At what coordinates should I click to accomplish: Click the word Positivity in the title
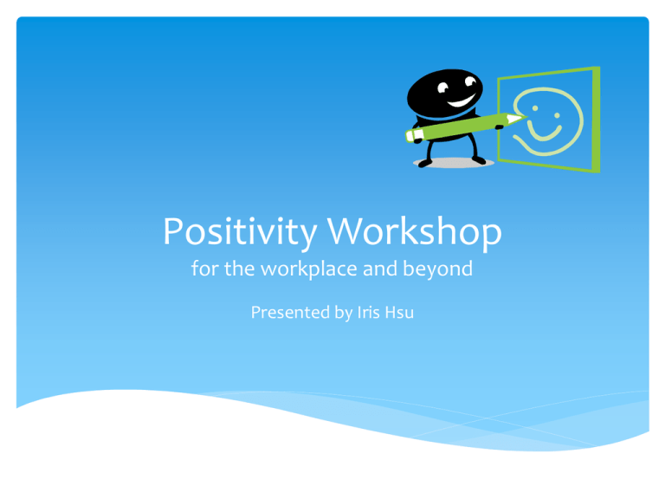click(240, 232)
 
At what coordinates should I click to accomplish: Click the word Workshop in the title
click(415, 231)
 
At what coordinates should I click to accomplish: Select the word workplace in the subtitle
click(309, 269)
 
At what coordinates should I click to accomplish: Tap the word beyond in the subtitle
click(437, 269)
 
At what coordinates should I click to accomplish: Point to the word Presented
click(291, 312)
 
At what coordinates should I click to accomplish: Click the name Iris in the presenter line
click(369, 312)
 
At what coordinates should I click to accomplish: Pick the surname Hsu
click(399, 312)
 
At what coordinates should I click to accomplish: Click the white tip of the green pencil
click(516, 119)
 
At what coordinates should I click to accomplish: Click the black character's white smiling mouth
click(461, 101)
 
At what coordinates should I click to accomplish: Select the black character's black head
click(444, 94)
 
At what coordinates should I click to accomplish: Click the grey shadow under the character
click(454, 163)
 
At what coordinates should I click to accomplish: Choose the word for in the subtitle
click(205, 269)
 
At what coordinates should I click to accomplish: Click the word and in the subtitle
click(380, 269)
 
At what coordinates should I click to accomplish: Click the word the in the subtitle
click(240, 269)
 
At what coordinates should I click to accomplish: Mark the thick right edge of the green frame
click(597, 120)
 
